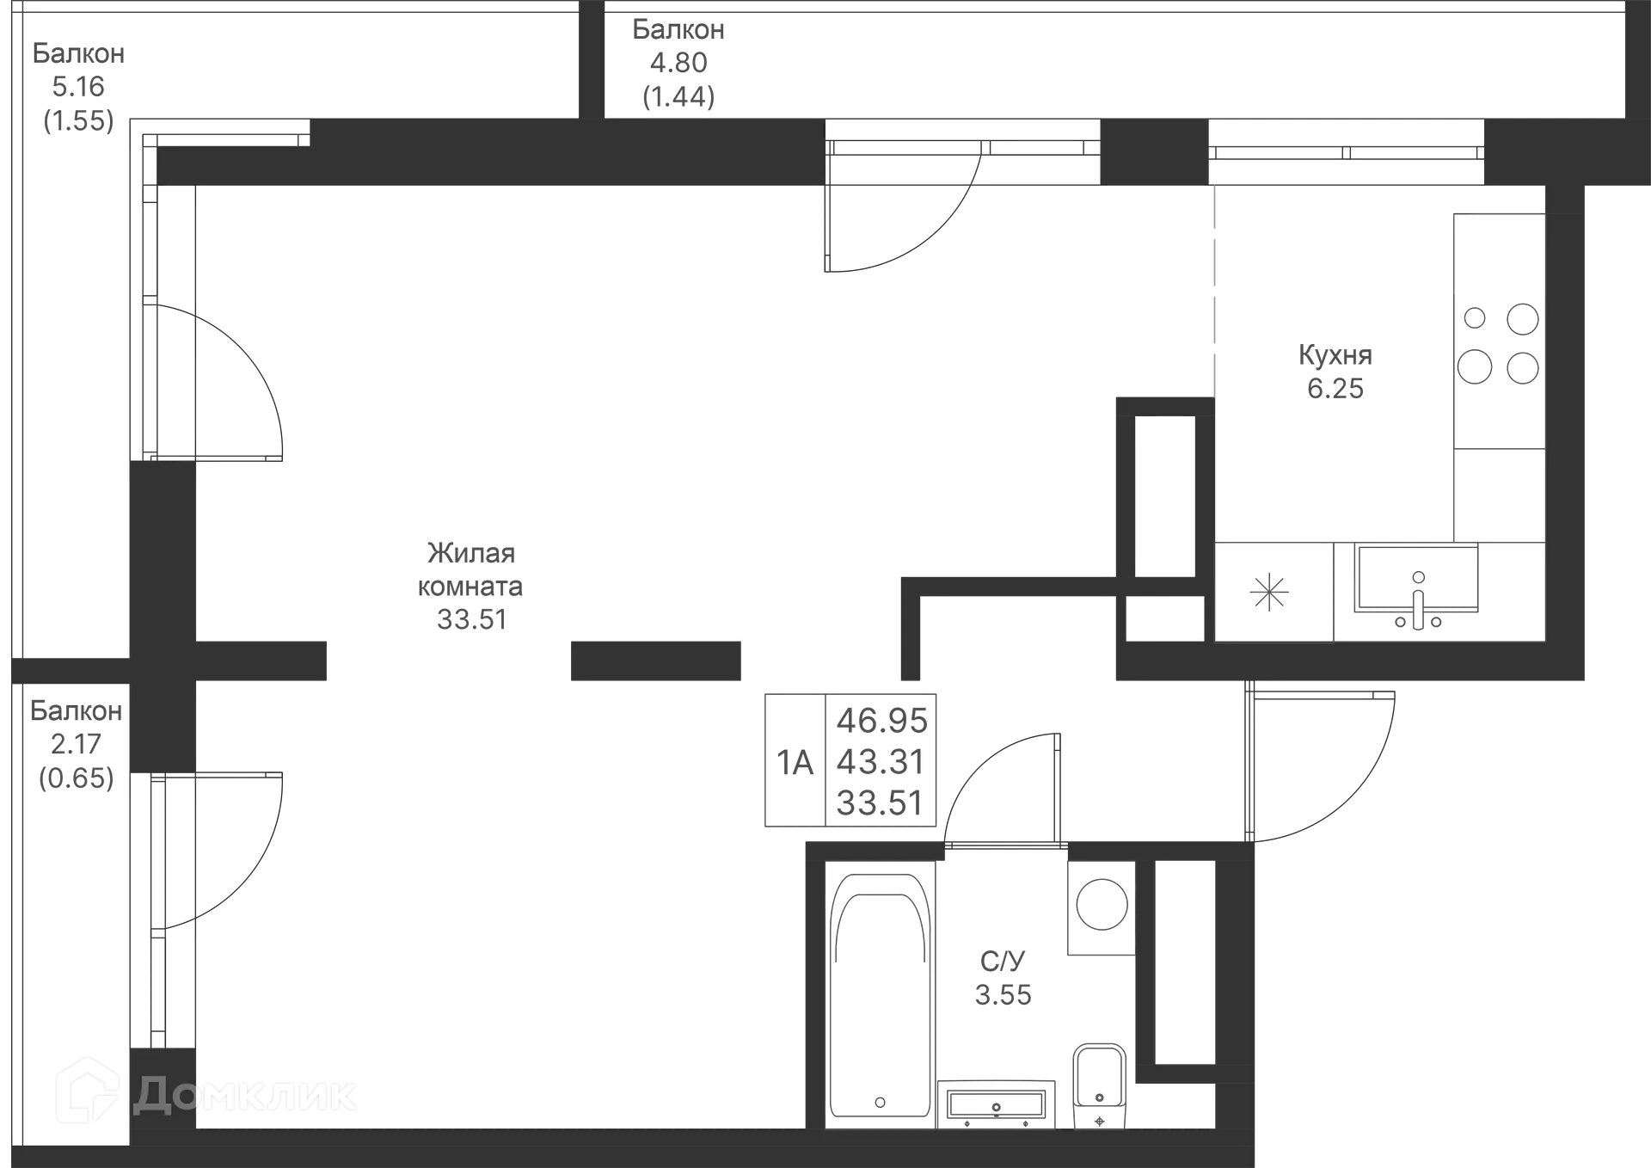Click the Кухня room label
coord(1334,354)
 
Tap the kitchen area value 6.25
coord(1335,389)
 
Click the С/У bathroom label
coord(1002,959)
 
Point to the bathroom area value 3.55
coord(1003,994)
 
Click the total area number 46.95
coord(883,721)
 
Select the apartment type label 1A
coord(795,762)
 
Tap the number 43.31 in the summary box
coord(881,761)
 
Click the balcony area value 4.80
coord(678,62)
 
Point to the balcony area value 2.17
coord(76,743)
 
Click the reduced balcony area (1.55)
coord(78,120)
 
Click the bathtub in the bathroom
coord(881,998)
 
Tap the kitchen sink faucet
coord(1418,593)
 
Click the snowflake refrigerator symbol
coord(1268,592)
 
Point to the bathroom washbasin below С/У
coord(997,1104)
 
